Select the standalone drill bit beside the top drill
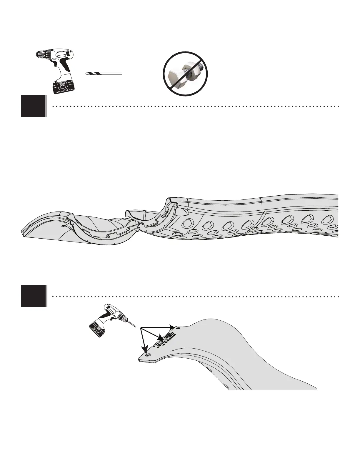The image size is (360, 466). [x=104, y=73]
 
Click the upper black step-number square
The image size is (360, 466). [x=34, y=106]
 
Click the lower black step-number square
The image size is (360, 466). [x=34, y=296]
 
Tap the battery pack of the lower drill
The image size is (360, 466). [x=97, y=330]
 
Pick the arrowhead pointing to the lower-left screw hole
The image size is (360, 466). [x=146, y=350]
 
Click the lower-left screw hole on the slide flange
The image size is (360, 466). [x=148, y=355]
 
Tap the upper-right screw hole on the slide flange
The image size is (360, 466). [x=178, y=327]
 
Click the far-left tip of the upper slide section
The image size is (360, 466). [x=22, y=230]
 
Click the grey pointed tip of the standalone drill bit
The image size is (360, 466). [x=86, y=73]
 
